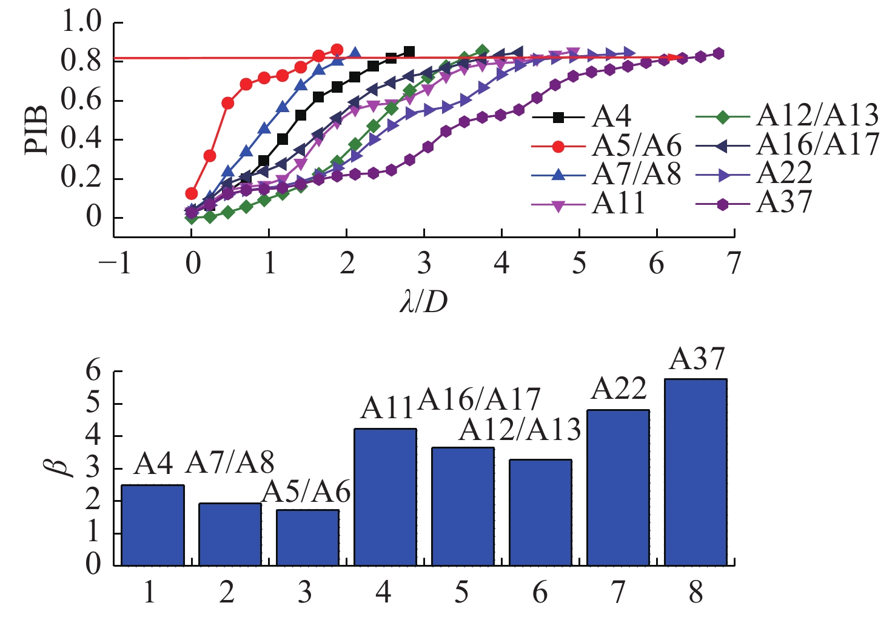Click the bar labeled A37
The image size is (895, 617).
point(696,472)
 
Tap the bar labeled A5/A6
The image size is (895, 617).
point(307,538)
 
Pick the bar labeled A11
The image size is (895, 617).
point(385,497)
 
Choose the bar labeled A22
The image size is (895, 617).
point(618,488)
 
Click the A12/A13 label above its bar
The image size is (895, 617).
point(520,430)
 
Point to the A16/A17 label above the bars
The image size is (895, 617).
point(479,399)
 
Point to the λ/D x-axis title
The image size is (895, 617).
point(423,301)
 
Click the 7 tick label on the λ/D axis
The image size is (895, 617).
point(734,264)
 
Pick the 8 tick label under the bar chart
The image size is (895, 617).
point(696,592)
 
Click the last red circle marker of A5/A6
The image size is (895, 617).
point(337,50)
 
